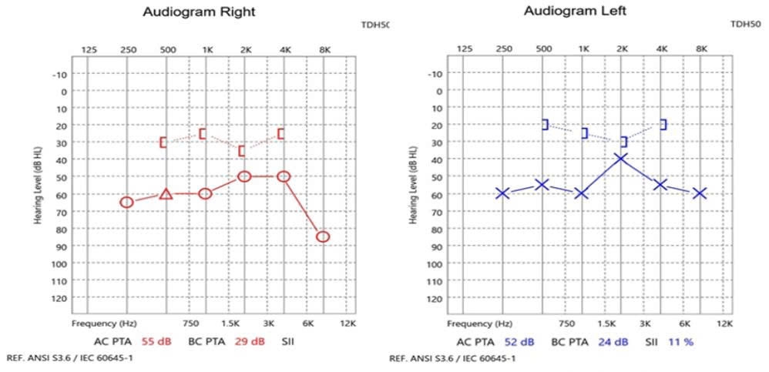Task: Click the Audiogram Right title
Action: (200, 12)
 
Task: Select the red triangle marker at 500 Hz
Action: (166, 194)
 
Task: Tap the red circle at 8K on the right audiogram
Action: (323, 236)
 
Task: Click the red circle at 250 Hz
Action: (127, 202)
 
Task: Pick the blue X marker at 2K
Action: (621, 158)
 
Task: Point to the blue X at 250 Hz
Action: (502, 193)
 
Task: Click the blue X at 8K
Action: (700, 193)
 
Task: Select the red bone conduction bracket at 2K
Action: (242, 151)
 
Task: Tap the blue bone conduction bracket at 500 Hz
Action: (545, 125)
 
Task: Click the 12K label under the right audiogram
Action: (348, 324)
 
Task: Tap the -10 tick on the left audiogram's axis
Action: (436, 74)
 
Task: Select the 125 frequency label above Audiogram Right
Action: (89, 50)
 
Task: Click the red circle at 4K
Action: (284, 176)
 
